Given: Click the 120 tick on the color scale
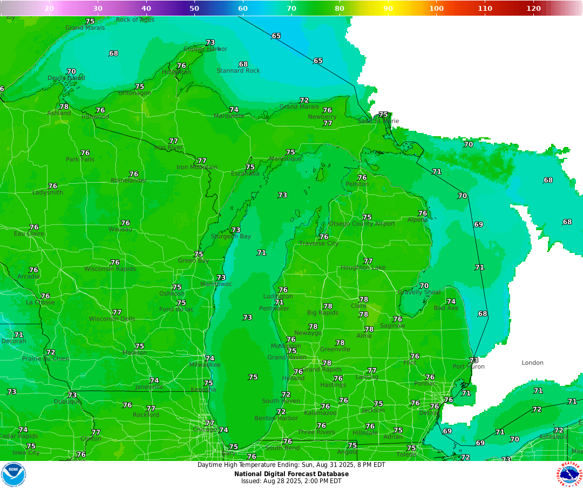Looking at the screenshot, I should tap(533, 8).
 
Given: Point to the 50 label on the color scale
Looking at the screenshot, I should tap(194, 8).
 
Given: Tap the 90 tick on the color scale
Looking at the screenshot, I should tap(388, 8).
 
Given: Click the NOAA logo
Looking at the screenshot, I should tap(13, 474).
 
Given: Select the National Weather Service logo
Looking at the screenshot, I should tap(570, 474).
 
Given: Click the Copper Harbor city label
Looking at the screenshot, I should tap(205, 49).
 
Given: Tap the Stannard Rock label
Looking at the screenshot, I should tap(238, 71).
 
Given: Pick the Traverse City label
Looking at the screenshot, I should tap(319, 244).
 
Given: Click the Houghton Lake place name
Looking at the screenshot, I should tap(363, 268).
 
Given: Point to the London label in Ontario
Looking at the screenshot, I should tap(532, 363).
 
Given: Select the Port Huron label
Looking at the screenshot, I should tap(469, 367).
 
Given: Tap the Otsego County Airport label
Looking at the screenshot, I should tap(362, 224).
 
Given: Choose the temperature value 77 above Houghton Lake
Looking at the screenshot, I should tap(368, 261).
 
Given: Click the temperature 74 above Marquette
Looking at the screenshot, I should tap(234, 110).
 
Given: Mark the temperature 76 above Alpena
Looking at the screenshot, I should tap(423, 213).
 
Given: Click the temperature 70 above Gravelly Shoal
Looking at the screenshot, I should tap(424, 286).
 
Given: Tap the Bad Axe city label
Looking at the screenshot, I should tap(446, 308).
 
